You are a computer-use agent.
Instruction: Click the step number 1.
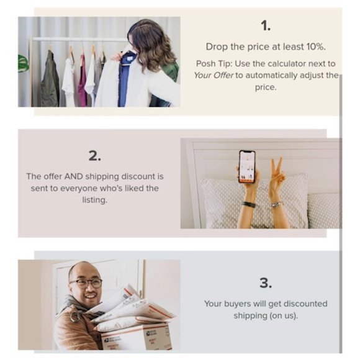click(x=266, y=25)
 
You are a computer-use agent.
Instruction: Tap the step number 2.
click(x=94, y=156)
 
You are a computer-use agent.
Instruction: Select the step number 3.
click(x=266, y=283)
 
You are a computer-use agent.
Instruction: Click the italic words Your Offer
click(x=214, y=75)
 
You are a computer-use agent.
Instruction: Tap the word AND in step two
click(x=73, y=176)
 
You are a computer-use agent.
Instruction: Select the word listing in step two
click(x=95, y=200)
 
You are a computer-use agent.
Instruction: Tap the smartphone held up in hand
click(x=247, y=166)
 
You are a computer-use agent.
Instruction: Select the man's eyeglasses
click(x=86, y=283)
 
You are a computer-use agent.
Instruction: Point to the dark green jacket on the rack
click(x=50, y=79)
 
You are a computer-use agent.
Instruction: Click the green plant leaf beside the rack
click(x=23, y=63)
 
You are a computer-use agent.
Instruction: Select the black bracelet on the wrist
click(x=248, y=204)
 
